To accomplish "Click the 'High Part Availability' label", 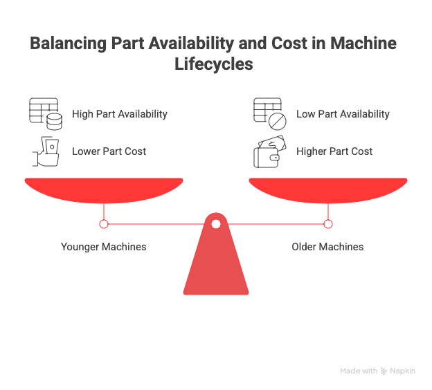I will click(x=120, y=114).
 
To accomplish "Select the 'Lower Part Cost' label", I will click(x=109, y=151).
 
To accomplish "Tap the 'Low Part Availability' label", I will click(x=343, y=114).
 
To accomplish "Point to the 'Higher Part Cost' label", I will click(x=334, y=151).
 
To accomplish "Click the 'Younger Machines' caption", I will click(x=104, y=247).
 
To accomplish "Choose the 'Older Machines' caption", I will click(x=327, y=247).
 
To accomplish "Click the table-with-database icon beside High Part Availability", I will click(x=44, y=114).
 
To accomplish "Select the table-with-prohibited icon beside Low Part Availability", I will click(x=269, y=114).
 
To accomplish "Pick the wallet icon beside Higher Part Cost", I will click(x=269, y=152).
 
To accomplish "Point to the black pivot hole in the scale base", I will click(x=216, y=224).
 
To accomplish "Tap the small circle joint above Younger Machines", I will click(x=104, y=224).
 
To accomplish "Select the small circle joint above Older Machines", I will click(x=328, y=224).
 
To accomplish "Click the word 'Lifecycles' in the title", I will click(x=216, y=65).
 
